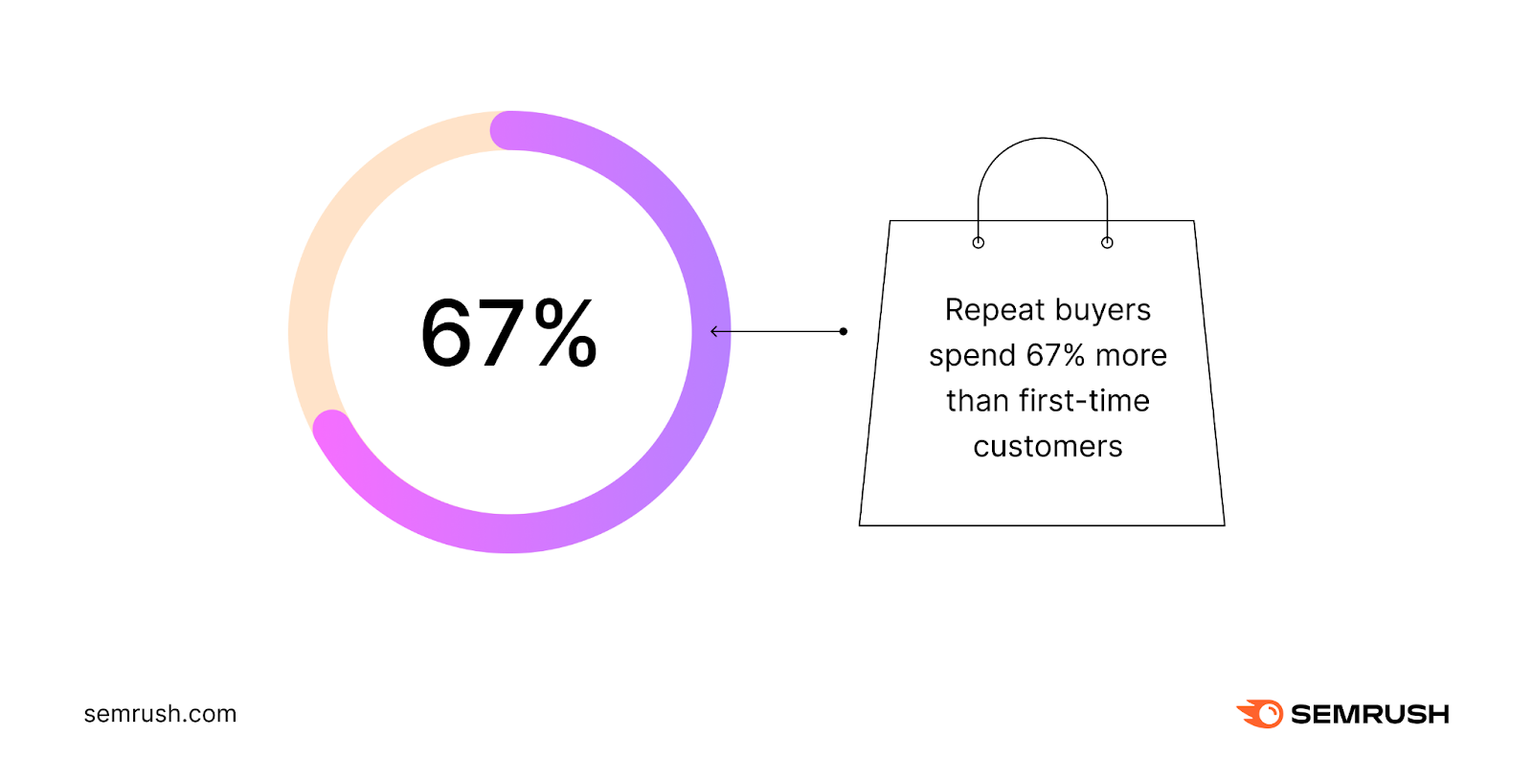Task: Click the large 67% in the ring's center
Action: pyautogui.click(x=508, y=333)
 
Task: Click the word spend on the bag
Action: pyautogui.click(x=972, y=356)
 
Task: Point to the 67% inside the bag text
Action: pyautogui.click(x=1055, y=356)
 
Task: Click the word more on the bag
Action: pyautogui.click(x=1131, y=356)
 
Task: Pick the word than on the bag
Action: pyautogui.click(x=978, y=401)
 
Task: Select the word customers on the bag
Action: pyautogui.click(x=1048, y=447)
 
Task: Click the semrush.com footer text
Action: pyautogui.click(x=160, y=714)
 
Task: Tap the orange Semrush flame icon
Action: pyautogui.click(x=1260, y=714)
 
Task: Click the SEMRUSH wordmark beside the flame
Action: pyautogui.click(x=1369, y=715)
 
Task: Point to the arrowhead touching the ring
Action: pyautogui.click(x=714, y=332)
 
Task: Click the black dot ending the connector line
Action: pyautogui.click(x=843, y=332)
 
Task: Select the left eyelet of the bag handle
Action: pyautogui.click(x=978, y=242)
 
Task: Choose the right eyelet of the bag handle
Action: pyautogui.click(x=1107, y=242)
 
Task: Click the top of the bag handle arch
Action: pyautogui.click(x=1043, y=139)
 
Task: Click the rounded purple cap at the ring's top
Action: pyautogui.click(x=508, y=131)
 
